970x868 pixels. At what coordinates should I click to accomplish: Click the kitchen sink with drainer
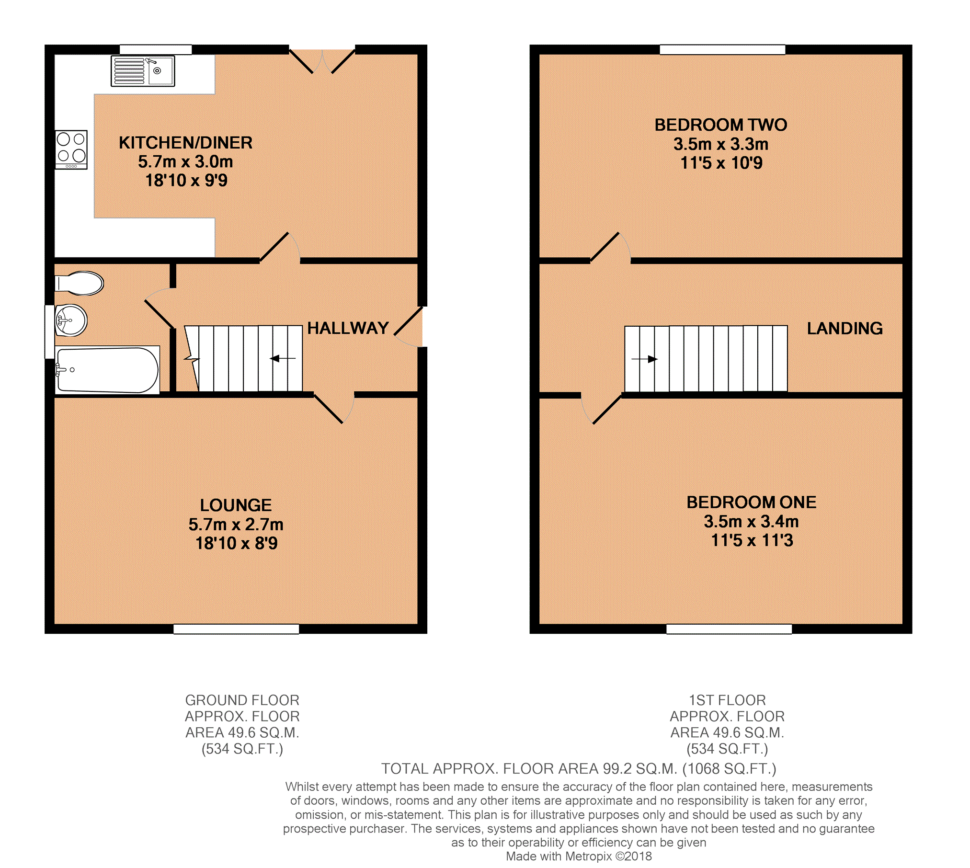pyautogui.click(x=143, y=71)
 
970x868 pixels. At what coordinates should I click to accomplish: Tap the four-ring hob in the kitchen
pyautogui.click(x=71, y=149)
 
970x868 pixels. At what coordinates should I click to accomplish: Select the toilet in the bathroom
pyautogui.click(x=79, y=283)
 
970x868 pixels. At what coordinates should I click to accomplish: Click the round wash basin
pyautogui.click(x=71, y=320)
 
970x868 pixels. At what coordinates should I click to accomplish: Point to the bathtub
pyautogui.click(x=107, y=370)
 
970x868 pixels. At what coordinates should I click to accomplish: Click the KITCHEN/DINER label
pyautogui.click(x=186, y=143)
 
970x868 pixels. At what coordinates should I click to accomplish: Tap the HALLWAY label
pyautogui.click(x=348, y=328)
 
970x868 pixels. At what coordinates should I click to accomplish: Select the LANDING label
pyautogui.click(x=845, y=328)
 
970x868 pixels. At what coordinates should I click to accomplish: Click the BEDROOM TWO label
pyautogui.click(x=721, y=125)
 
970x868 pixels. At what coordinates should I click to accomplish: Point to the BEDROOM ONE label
pyautogui.click(x=752, y=502)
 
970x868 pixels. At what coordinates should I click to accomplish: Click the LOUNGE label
pyautogui.click(x=236, y=505)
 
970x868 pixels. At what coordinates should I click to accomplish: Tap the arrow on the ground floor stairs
pyautogui.click(x=284, y=358)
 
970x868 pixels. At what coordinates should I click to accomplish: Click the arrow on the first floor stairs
pyautogui.click(x=644, y=359)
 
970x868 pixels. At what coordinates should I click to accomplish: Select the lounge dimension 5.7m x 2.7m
pyautogui.click(x=236, y=525)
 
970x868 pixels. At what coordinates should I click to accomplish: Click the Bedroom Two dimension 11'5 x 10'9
pyautogui.click(x=721, y=163)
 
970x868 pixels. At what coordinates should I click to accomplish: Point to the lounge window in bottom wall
pyautogui.click(x=236, y=629)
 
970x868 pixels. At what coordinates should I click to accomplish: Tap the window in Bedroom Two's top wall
pyautogui.click(x=723, y=49)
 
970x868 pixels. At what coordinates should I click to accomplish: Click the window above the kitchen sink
pyautogui.click(x=156, y=49)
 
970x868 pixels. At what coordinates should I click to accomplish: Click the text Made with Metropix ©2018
pyautogui.click(x=579, y=856)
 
